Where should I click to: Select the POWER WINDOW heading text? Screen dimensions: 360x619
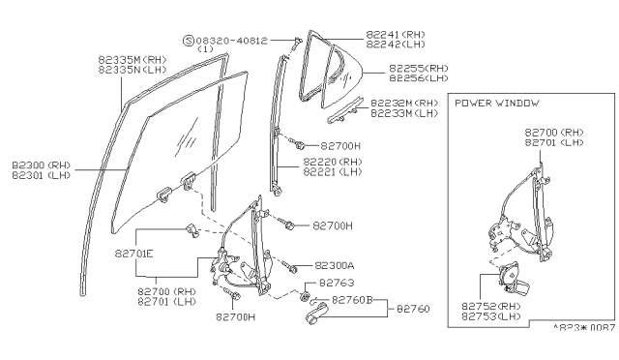496,103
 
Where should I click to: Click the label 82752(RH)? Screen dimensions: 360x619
493,307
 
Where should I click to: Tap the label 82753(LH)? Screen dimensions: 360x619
493,316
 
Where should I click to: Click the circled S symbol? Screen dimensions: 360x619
189,41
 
